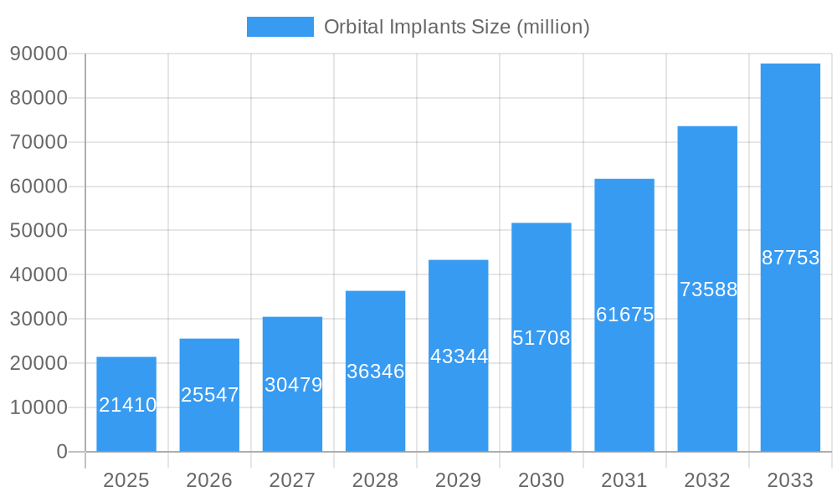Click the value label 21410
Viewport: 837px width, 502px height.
(x=127, y=405)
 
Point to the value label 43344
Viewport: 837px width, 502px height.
(x=459, y=356)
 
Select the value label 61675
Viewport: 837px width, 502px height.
(x=624, y=315)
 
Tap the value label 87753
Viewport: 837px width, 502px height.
(x=790, y=258)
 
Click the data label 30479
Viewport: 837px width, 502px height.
(x=293, y=385)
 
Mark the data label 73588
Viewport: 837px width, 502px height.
(x=708, y=289)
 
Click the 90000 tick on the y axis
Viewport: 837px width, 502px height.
(x=39, y=54)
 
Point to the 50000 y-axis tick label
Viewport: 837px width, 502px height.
(x=39, y=231)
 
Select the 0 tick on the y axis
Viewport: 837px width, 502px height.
(x=61, y=452)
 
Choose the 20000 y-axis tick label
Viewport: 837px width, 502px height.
(x=39, y=363)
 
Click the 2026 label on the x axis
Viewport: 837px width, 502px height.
(x=209, y=480)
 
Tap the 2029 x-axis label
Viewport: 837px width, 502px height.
(x=459, y=480)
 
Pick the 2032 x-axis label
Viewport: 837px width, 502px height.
(x=707, y=480)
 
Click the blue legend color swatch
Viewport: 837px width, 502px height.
(x=280, y=27)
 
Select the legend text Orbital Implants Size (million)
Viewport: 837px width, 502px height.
(x=456, y=27)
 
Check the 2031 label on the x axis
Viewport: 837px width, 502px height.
(x=624, y=480)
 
